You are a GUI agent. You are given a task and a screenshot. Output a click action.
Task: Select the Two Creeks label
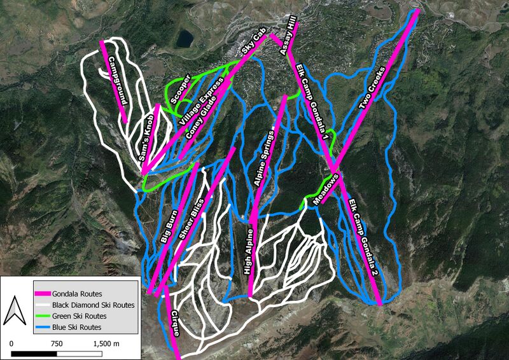point(373,89)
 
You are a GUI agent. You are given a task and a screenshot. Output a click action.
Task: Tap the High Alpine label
point(249,253)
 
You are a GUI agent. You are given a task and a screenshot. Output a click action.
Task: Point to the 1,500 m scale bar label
point(109,343)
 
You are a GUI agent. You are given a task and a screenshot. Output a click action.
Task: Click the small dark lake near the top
point(185,39)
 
